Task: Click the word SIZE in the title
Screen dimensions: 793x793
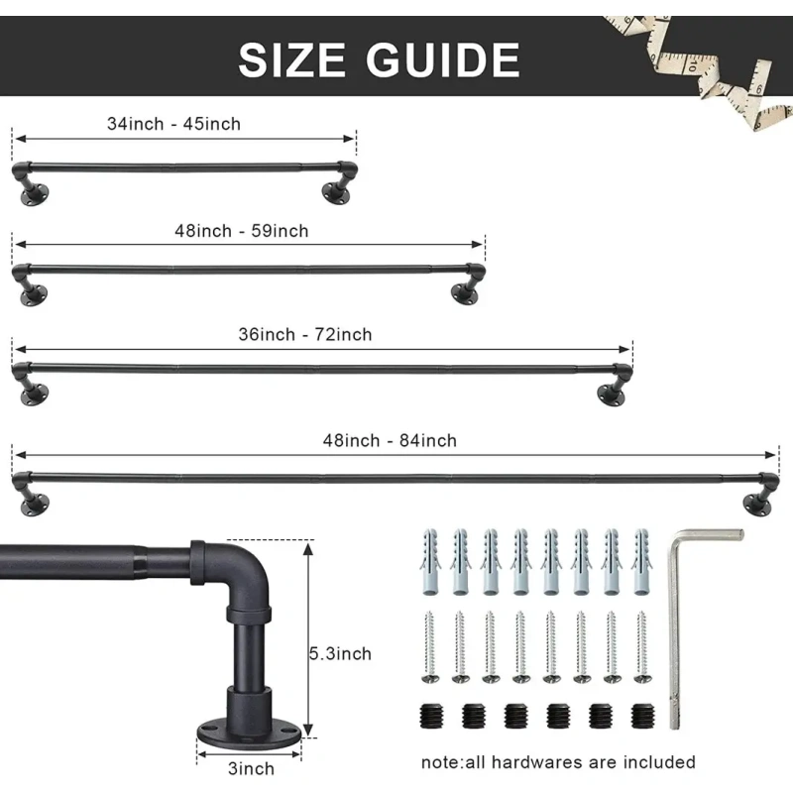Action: pyautogui.click(x=291, y=59)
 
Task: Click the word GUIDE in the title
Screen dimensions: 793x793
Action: pyautogui.click(x=443, y=59)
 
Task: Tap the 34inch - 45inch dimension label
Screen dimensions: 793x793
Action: pyautogui.click(x=173, y=124)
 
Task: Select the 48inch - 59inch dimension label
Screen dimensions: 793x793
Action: pyautogui.click(x=241, y=231)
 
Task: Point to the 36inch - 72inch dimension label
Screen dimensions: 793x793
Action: pyautogui.click(x=305, y=335)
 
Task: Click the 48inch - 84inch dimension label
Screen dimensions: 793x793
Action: pyautogui.click(x=390, y=441)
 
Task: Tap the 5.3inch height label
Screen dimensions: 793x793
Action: pyautogui.click(x=340, y=654)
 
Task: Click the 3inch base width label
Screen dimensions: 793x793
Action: pyautogui.click(x=251, y=769)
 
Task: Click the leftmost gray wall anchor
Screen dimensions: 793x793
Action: pyautogui.click(x=430, y=562)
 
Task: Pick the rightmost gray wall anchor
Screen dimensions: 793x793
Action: pyautogui.click(x=641, y=562)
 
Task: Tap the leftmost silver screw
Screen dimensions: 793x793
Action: pyautogui.click(x=430, y=647)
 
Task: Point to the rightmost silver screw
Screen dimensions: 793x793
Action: pyautogui.click(x=642, y=647)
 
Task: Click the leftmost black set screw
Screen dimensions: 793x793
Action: pyautogui.click(x=431, y=716)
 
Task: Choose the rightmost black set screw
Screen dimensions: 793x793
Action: pyautogui.click(x=642, y=716)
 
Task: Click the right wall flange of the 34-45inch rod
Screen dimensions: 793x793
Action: pyautogui.click(x=336, y=192)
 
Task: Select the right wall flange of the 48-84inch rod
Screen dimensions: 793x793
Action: pyautogui.click(x=757, y=506)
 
